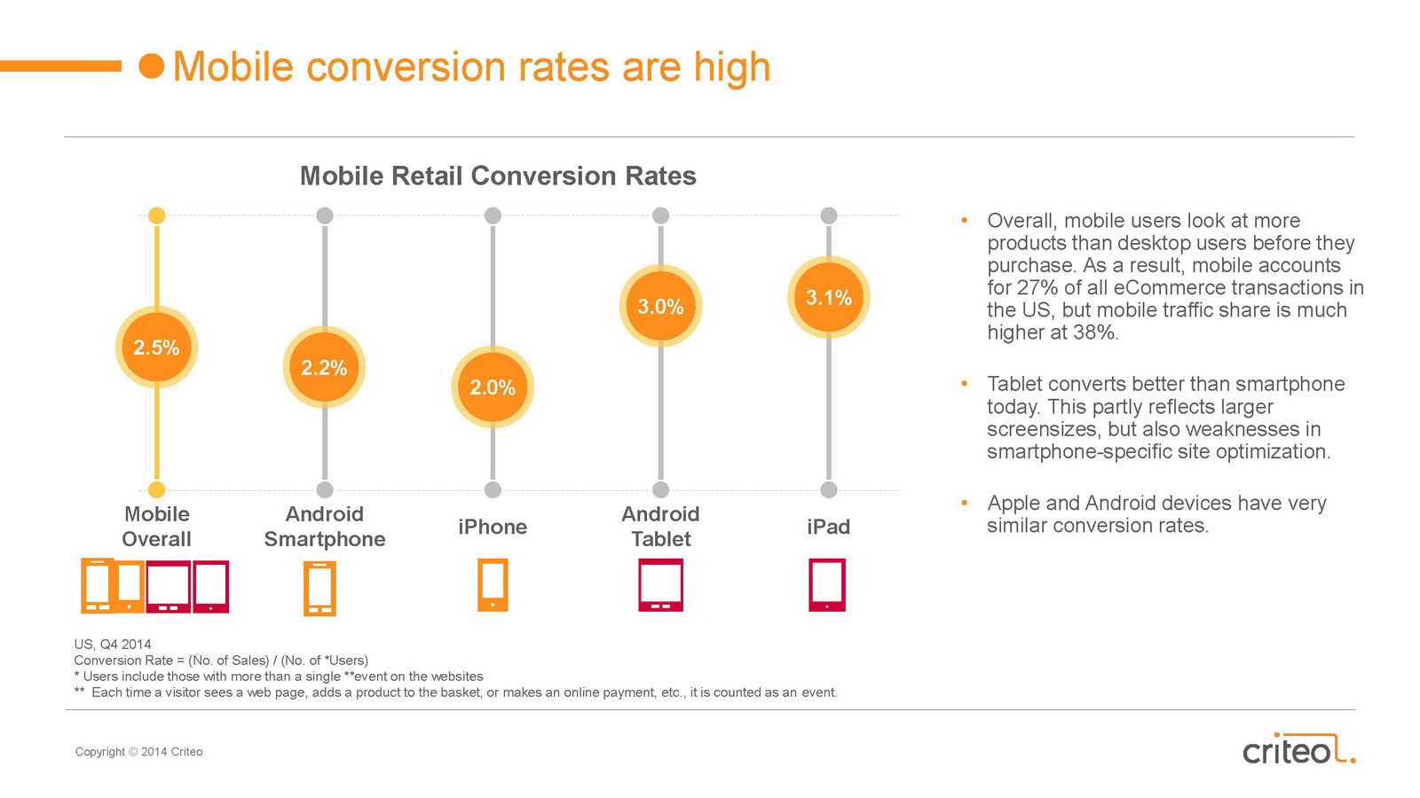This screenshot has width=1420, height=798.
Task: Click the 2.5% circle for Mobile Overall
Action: pos(156,347)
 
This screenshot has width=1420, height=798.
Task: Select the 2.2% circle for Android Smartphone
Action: pos(324,367)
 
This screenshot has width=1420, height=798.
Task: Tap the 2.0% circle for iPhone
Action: pos(493,387)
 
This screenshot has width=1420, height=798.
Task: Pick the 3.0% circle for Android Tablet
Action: pos(660,306)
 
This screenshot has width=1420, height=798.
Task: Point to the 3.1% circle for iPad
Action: pos(829,297)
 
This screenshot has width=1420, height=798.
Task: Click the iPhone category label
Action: pos(493,527)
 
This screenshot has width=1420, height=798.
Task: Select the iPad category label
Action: pos(829,527)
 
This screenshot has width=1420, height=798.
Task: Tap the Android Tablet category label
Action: pos(660,527)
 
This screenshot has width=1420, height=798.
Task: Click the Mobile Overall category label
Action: pos(156,527)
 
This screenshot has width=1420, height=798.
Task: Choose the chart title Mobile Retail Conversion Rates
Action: pos(498,176)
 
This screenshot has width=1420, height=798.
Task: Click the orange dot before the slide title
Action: pos(152,66)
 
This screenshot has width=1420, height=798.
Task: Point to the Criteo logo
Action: pos(1298,749)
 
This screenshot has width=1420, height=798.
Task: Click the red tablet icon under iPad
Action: pos(827,584)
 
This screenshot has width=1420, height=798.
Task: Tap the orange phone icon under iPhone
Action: pos(493,584)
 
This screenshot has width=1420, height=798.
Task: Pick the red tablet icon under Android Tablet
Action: pos(660,584)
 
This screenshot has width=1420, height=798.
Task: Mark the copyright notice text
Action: pos(138,752)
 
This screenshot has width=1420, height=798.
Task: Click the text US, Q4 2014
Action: pos(113,645)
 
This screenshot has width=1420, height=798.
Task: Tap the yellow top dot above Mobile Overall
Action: pos(156,215)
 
